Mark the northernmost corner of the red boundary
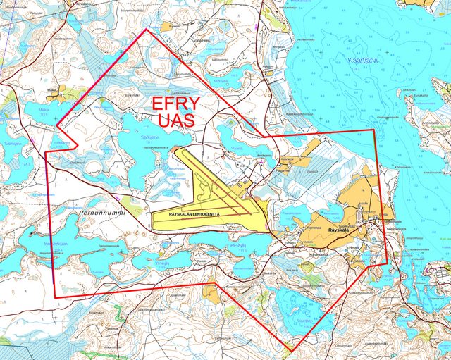point(147,30)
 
